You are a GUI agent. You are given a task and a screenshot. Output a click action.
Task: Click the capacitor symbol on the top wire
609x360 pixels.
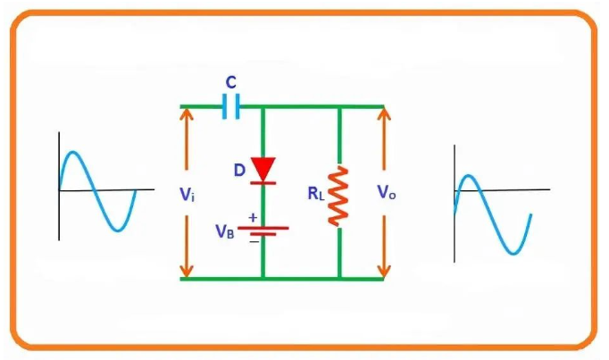click(x=231, y=106)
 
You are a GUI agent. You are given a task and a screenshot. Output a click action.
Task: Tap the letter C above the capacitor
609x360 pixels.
click(x=230, y=82)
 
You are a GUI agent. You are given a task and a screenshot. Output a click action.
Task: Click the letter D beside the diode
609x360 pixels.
click(x=239, y=168)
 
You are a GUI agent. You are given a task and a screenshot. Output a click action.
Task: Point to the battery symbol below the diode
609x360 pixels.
click(x=263, y=229)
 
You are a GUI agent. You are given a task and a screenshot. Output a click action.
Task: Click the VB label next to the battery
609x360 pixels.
click(x=225, y=230)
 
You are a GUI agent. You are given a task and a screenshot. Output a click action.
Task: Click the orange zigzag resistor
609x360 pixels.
click(x=339, y=195)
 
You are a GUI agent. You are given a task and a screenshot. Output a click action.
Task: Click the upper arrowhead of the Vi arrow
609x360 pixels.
click(x=187, y=114)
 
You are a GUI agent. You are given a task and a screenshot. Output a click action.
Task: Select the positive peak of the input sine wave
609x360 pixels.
click(x=77, y=155)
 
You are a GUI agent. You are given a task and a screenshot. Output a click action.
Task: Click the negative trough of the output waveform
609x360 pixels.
click(x=512, y=252)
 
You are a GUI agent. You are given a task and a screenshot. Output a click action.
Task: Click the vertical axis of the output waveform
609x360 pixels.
click(x=455, y=205)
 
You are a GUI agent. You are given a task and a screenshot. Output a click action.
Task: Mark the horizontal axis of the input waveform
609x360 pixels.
click(x=98, y=190)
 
